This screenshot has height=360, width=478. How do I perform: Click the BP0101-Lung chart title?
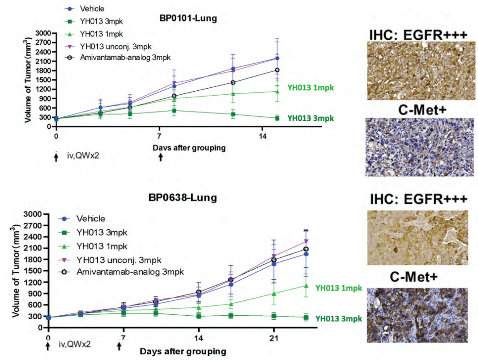[188, 19]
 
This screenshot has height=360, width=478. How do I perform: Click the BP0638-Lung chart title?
[182, 197]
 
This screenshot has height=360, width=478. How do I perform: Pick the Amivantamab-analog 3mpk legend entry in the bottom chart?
[130, 271]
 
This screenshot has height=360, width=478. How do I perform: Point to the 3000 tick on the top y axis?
[44, 33]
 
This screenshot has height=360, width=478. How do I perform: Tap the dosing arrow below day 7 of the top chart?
[160, 157]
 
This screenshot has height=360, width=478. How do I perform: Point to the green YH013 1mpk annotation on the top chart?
[311, 87]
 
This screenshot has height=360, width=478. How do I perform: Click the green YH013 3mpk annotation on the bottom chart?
[339, 319]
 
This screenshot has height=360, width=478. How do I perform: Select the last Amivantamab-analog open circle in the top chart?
[277, 70]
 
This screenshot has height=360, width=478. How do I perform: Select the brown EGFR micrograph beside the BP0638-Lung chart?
[417, 238]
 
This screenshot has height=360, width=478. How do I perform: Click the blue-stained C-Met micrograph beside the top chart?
[417, 147]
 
